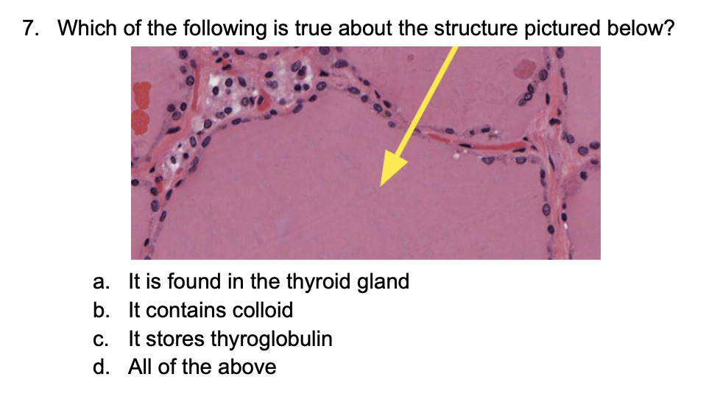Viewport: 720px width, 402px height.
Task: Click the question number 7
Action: coord(32,29)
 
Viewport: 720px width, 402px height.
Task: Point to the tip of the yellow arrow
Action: coord(381,185)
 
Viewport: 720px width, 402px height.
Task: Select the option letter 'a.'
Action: coord(102,282)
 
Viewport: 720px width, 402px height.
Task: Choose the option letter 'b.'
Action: coord(102,311)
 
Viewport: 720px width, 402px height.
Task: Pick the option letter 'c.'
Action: coord(102,339)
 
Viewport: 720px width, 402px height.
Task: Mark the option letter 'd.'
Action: coord(102,367)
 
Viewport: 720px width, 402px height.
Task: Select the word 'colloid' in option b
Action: coord(263,311)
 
